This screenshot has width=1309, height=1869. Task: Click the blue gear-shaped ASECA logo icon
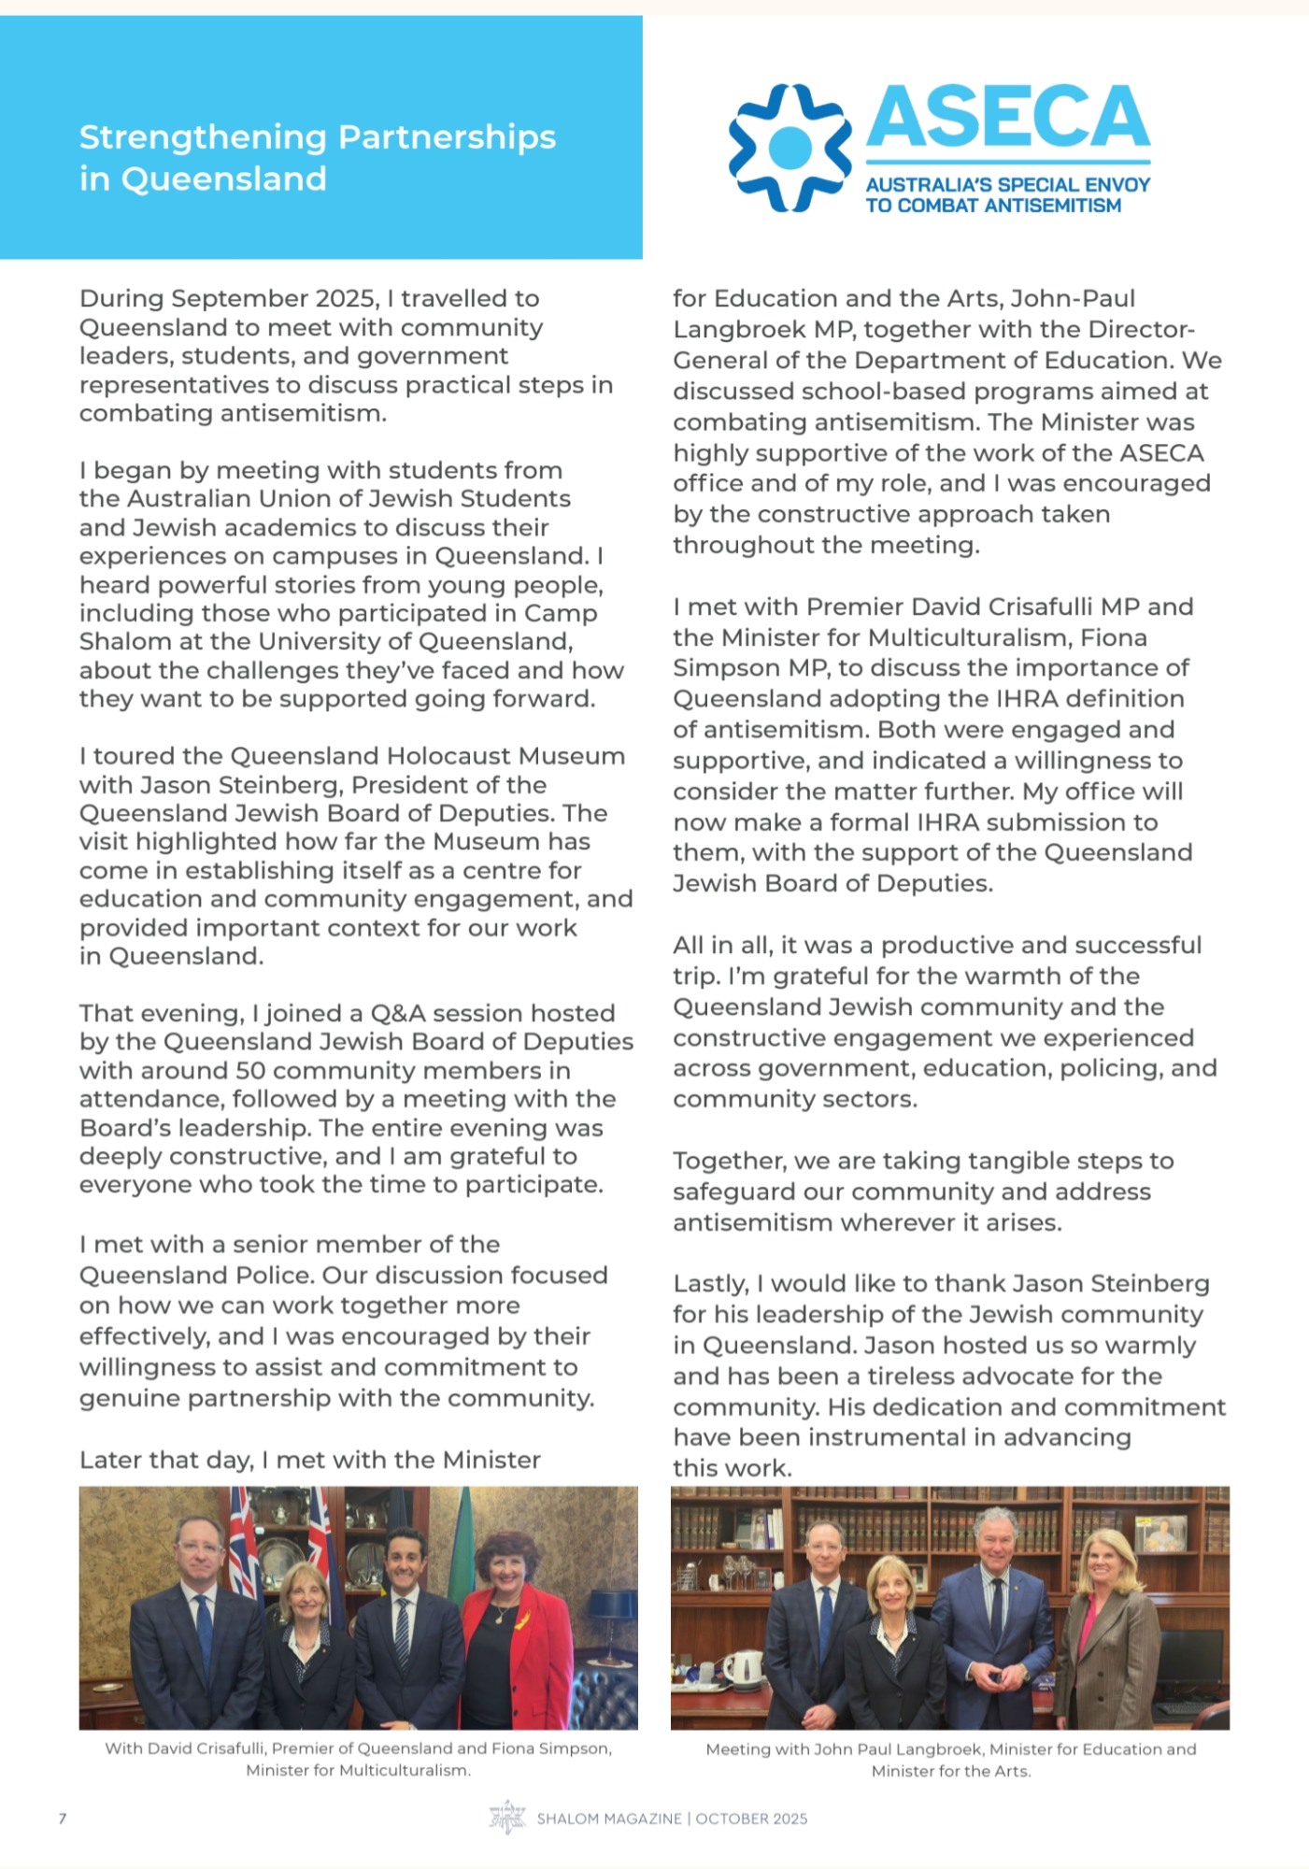pyautogui.click(x=790, y=147)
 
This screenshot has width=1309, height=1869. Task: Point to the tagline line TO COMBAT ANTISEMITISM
pyautogui.click(x=993, y=206)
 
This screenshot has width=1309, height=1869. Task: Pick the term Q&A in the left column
pyautogui.click(x=398, y=1014)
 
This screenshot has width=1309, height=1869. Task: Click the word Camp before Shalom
pyautogui.click(x=561, y=614)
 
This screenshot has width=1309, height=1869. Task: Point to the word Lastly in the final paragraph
pyautogui.click(x=711, y=1285)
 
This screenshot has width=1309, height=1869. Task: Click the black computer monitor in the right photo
pyautogui.click(x=1188, y=1663)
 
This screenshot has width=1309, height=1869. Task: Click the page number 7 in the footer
pyautogui.click(x=63, y=1819)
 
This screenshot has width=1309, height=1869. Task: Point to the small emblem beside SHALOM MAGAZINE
pyautogui.click(x=507, y=1818)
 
